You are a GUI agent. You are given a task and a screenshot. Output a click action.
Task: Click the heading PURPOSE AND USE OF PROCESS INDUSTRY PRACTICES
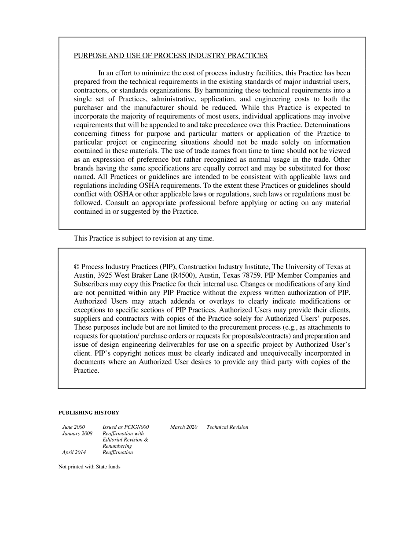pyautogui.click(x=170, y=56)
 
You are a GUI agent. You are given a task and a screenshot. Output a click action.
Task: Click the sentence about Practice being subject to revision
pyautogui.click(x=143, y=238)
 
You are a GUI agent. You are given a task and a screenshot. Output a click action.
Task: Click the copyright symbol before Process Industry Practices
pyautogui.click(x=77, y=267)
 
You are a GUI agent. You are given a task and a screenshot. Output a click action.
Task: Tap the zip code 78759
pyautogui.click(x=252, y=275)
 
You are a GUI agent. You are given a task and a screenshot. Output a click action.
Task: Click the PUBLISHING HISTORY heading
pyautogui.click(x=89, y=413)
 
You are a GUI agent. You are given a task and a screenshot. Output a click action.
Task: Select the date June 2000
pyautogui.click(x=73, y=427)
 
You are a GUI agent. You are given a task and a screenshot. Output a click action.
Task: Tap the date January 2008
pyautogui.click(x=77, y=434)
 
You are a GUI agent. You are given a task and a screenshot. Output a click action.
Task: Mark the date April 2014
pyautogui.click(x=74, y=453)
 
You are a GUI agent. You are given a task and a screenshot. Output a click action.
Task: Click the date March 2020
pyautogui.click(x=183, y=427)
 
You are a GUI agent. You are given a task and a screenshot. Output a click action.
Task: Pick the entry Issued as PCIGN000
pyautogui.click(x=125, y=427)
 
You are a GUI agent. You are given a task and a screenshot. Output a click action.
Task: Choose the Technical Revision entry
pyautogui.click(x=227, y=427)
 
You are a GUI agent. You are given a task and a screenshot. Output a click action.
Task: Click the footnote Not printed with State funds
pyautogui.click(x=89, y=467)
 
